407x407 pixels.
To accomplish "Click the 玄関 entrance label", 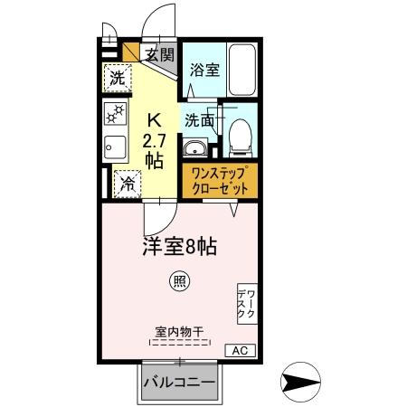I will pos(161,54).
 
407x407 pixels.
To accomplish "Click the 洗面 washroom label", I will pos(200,118).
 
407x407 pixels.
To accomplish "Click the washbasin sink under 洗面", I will pos(194,148).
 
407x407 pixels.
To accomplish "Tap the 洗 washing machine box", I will pos(116,79).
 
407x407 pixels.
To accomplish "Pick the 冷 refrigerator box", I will pos(125,182).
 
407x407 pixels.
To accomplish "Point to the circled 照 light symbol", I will pos(181,282).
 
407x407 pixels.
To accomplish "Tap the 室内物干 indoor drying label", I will pos(179,332).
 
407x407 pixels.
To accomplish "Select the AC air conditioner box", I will pos(241,350).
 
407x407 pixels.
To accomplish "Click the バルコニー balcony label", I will pos(179,383).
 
